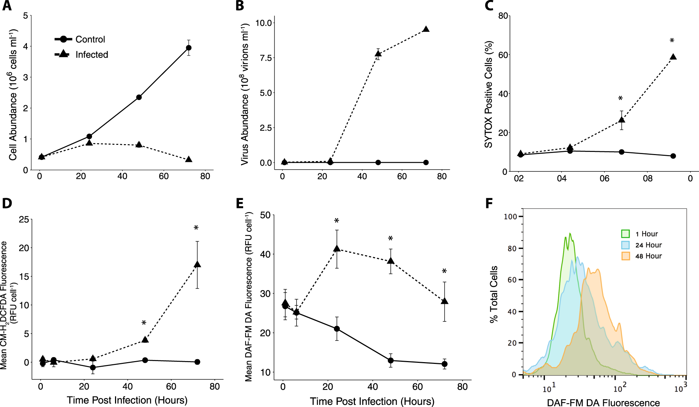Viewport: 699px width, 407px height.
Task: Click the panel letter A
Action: [7, 6]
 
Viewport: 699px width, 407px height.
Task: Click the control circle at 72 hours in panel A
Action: [189, 48]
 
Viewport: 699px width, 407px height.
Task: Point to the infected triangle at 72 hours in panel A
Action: [189, 159]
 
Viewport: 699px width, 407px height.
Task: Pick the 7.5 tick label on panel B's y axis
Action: [265, 58]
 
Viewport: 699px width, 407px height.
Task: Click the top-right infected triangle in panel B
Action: [426, 29]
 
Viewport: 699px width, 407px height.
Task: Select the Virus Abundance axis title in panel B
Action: [245, 94]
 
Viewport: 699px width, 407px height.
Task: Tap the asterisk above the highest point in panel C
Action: [672, 41]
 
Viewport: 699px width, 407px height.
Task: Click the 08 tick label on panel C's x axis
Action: [648, 179]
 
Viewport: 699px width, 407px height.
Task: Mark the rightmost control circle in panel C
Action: [673, 156]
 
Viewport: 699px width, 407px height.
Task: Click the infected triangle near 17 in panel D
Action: [197, 265]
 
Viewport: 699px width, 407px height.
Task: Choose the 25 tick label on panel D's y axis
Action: [24, 220]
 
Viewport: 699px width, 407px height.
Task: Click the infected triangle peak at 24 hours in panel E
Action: [337, 249]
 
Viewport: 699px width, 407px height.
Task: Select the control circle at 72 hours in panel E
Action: [445, 364]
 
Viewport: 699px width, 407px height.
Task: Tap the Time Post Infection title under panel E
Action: [372, 401]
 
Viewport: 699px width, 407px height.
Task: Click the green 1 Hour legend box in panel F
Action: [625, 234]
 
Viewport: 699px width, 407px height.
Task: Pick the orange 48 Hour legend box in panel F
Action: [625, 256]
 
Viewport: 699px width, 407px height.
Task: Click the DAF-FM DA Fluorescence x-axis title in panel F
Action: [603, 402]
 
